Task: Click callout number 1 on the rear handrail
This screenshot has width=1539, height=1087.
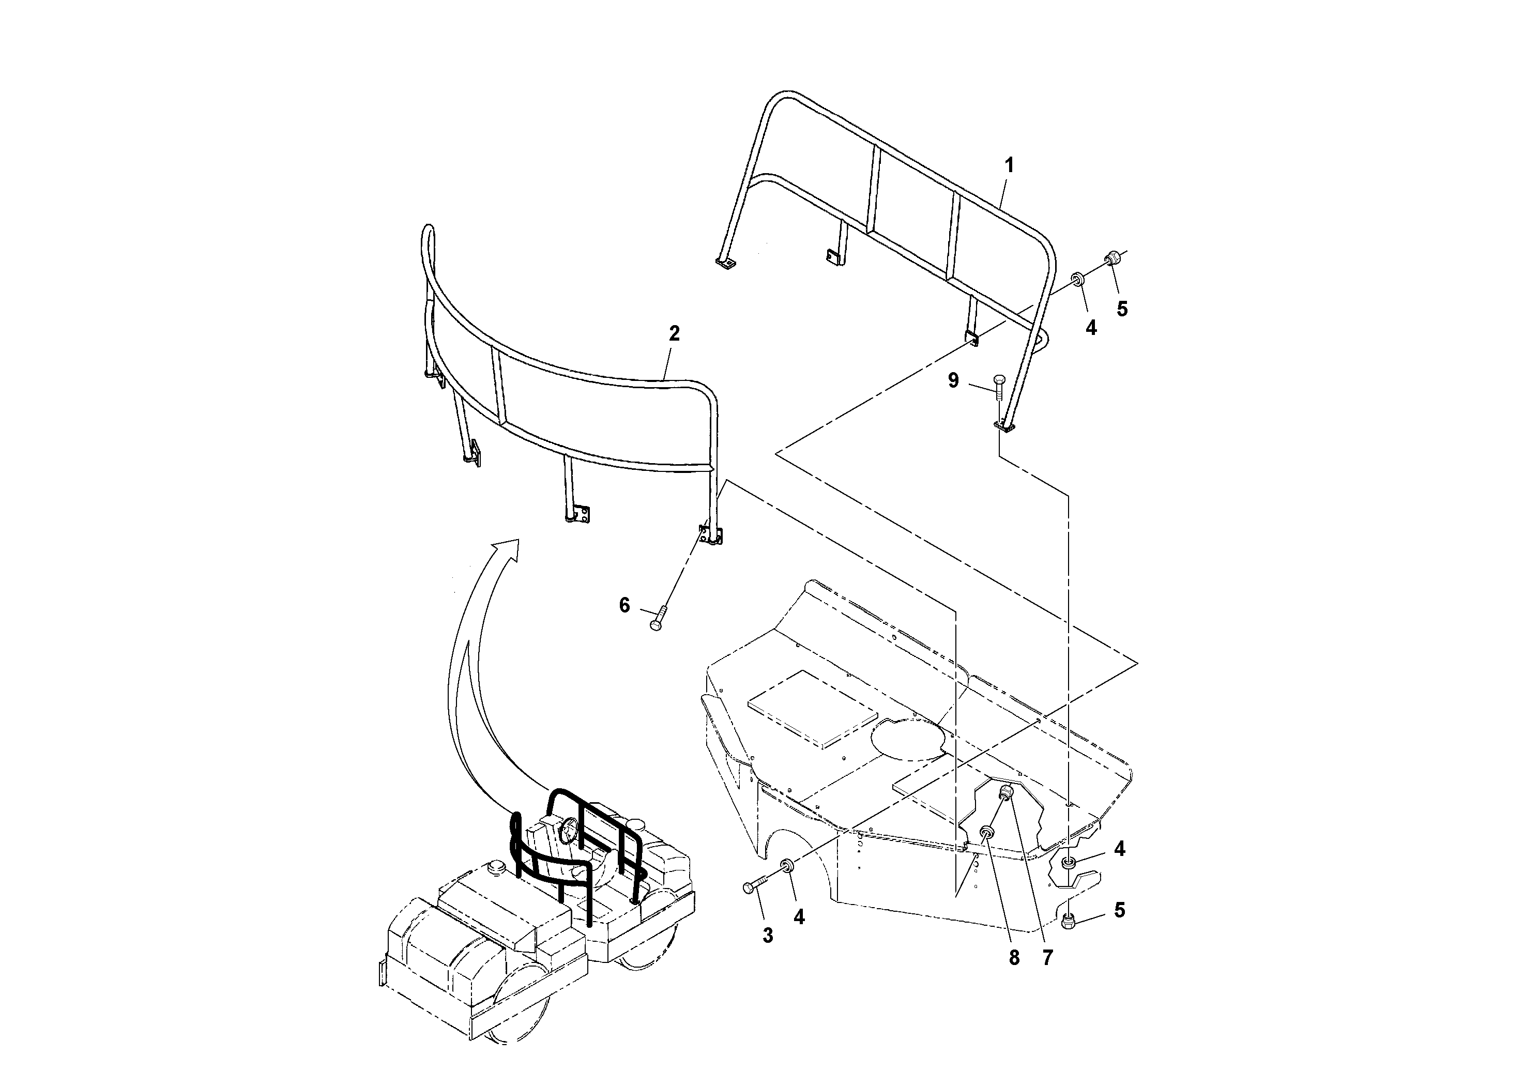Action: [1008, 165]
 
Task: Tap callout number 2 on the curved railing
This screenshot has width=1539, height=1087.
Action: [674, 333]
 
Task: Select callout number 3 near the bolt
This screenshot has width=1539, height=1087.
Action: [768, 936]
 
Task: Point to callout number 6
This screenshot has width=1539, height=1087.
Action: [624, 605]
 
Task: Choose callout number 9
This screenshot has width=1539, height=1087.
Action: [953, 380]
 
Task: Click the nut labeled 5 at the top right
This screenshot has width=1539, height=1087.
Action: [1113, 258]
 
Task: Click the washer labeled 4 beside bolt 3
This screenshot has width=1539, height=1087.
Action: [788, 866]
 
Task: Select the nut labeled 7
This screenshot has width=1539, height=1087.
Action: [1006, 793]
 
